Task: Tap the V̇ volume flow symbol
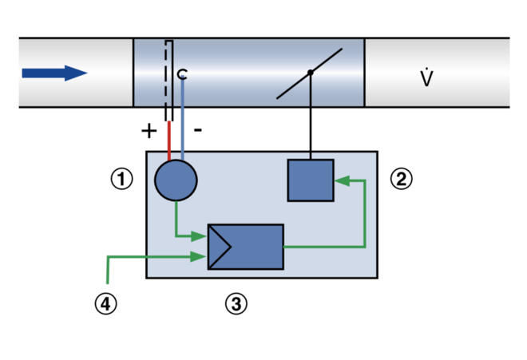click(426, 78)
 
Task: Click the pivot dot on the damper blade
click(311, 73)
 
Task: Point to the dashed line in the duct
click(166, 72)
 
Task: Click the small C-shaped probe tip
click(182, 74)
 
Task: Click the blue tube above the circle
click(183, 120)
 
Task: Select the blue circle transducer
click(176, 180)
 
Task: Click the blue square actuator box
click(311, 180)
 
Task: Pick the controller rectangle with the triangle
click(256, 247)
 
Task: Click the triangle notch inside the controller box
click(220, 247)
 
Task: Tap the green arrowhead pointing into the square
click(342, 181)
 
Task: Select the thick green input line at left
click(120, 257)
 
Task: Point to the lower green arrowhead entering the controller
click(200, 257)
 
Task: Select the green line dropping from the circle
click(176, 220)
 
